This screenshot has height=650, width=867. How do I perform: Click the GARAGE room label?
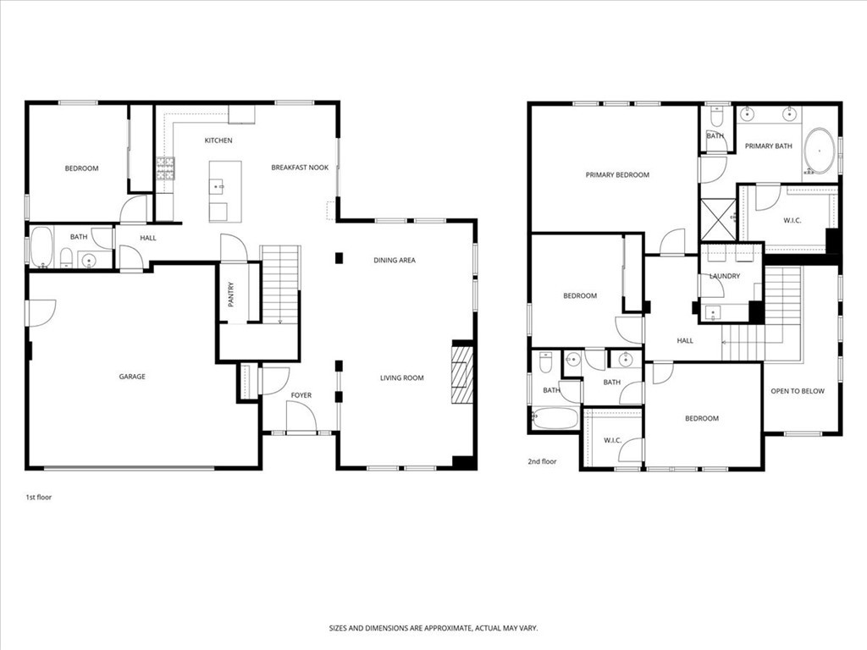131,377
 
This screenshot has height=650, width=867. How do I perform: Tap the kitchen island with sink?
225,190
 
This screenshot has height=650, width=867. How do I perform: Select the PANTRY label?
230,294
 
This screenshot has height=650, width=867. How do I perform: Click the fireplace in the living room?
461,376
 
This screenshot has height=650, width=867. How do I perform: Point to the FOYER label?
301,395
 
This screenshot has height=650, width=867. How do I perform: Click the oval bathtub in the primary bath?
819,151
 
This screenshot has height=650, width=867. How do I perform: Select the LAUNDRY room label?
725,276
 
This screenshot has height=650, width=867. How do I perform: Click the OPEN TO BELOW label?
797,391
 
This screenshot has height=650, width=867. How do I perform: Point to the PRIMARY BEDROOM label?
617,175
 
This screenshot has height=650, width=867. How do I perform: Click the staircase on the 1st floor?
280,284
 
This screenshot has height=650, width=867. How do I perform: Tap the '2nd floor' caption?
543,462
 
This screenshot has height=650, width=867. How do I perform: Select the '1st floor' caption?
38,497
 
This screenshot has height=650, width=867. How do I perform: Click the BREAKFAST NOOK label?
300,168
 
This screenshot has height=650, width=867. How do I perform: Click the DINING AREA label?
395,261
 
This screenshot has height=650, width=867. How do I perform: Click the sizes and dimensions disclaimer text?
433,628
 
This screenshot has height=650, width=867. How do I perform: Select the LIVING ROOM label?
401,378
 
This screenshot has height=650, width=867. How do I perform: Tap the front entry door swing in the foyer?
301,416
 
